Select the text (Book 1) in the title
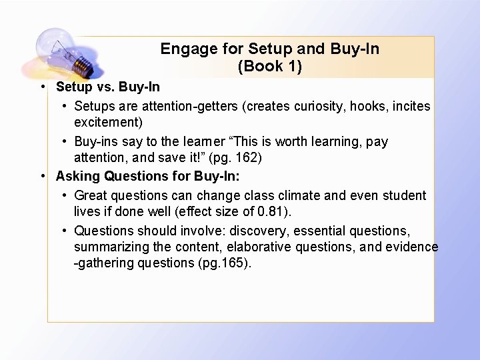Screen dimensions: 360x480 tap(269, 66)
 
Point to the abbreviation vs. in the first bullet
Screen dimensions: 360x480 tap(107, 87)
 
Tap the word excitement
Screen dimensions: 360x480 tap(109, 122)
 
